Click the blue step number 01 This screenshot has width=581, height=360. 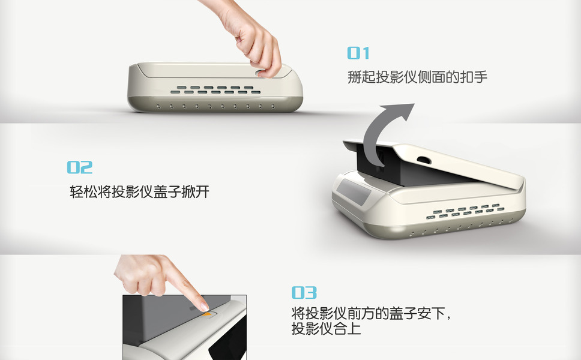(x=358, y=53)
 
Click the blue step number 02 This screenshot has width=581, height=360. (x=80, y=167)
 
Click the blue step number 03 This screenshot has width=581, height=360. (x=304, y=293)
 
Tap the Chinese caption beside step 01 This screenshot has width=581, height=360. (x=417, y=77)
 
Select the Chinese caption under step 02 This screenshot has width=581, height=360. (x=140, y=192)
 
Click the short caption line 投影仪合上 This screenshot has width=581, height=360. (x=326, y=329)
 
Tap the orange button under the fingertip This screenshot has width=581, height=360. (x=206, y=314)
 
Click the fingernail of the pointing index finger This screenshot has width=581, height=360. (x=204, y=307)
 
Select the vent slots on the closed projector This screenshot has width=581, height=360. (x=215, y=89)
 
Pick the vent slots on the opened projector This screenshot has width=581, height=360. (x=465, y=211)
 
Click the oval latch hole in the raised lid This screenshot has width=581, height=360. (x=424, y=160)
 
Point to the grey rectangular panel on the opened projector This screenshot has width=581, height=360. (x=354, y=191)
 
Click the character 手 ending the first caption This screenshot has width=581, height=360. (x=481, y=77)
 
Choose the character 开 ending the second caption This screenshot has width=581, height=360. (x=203, y=192)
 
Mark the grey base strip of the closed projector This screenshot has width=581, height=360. (x=215, y=104)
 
